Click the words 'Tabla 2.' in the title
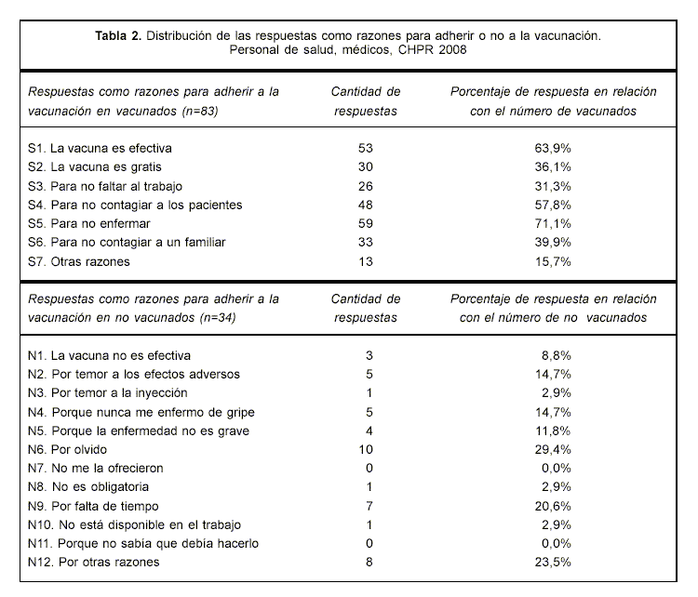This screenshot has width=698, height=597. pos(118,34)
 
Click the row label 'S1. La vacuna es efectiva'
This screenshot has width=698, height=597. pos(101,148)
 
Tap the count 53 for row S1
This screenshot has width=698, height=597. pos(365,148)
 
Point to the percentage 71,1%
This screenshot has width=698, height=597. pos(553,224)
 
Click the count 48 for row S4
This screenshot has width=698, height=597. pos(365,205)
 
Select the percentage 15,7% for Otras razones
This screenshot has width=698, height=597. pos(553,262)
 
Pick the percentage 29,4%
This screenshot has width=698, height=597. pos(553,449)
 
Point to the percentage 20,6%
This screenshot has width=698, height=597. pos(553,506)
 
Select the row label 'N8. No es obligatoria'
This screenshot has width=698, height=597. pos(88,487)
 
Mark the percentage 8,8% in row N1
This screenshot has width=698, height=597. pos(556,355)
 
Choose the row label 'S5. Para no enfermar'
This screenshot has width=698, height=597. pos(88,224)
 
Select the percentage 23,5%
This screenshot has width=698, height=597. pos(553,563)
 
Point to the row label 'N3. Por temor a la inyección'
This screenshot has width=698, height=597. pos(114,392)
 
